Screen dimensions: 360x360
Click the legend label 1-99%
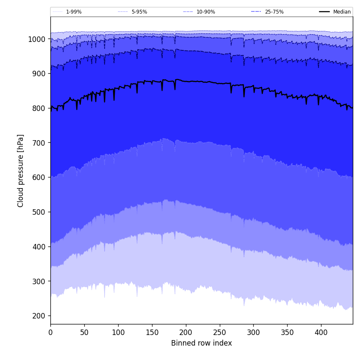click(74, 12)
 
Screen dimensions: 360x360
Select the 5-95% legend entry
click(139, 12)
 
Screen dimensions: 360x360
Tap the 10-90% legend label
click(205, 12)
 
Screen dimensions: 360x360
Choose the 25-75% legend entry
click(274, 12)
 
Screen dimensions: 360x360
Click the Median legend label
click(342, 12)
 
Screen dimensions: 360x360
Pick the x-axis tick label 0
click(50, 332)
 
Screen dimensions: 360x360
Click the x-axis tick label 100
click(118, 332)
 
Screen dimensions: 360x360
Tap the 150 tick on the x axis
click(152, 332)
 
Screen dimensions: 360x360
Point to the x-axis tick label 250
click(219, 332)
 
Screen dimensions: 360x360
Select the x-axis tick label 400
click(321, 332)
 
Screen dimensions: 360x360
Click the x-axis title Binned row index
click(202, 343)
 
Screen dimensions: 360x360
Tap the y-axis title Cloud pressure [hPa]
click(21, 171)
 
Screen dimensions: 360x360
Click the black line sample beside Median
click(324, 12)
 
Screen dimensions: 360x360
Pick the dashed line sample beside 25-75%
click(256, 12)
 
